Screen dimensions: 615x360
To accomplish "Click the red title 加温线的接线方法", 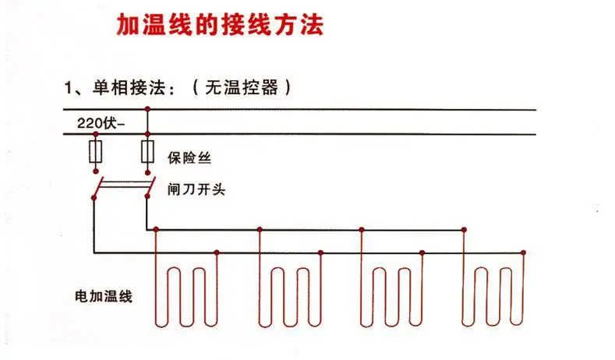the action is point(220,25).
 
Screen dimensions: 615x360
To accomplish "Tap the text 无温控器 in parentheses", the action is point(242,87).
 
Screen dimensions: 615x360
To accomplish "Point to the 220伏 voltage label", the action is point(97,123).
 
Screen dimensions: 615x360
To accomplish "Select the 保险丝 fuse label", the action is point(189,157).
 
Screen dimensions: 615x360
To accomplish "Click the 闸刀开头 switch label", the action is point(196,189).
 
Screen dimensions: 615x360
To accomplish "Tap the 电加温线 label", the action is point(104,296).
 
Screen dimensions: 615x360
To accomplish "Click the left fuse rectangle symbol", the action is point(96,152).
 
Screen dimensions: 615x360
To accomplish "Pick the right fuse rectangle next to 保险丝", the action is point(147,152).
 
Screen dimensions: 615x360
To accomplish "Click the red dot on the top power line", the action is point(147,108).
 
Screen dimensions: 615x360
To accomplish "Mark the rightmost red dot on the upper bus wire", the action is point(464,229).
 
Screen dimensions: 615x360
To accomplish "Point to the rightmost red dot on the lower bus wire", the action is point(523,252).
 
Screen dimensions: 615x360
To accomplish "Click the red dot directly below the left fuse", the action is point(96,171).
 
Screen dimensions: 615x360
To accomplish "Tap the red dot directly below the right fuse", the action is point(147,172).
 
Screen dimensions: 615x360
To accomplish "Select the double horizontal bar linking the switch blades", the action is point(124,184).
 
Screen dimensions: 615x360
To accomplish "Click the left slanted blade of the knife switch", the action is point(98,188).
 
